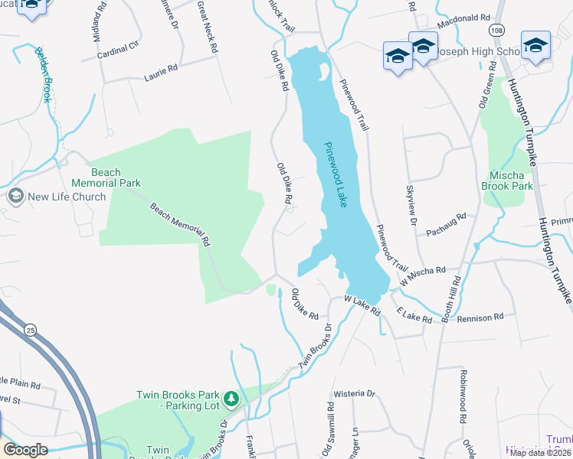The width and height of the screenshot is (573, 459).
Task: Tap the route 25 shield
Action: pyautogui.click(x=30, y=330)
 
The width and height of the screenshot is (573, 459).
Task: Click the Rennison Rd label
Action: pyautogui.click(x=481, y=316)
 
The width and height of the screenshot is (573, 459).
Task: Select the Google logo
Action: pyautogui.click(x=25, y=450)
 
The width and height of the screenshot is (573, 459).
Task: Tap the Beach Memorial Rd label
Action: pyautogui.click(x=180, y=223)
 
